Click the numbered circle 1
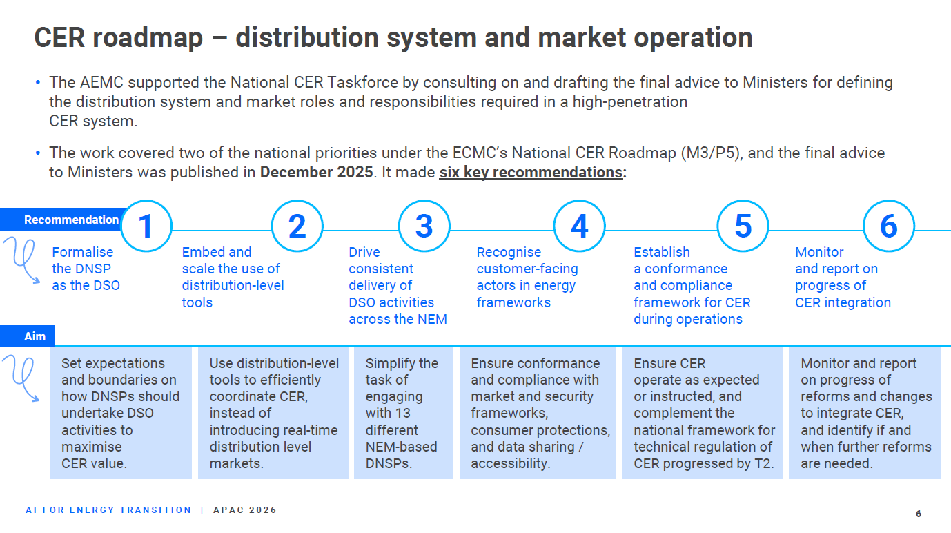pyautogui.click(x=146, y=226)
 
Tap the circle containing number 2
pyautogui.click(x=297, y=226)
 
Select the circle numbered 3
pyautogui.click(x=424, y=226)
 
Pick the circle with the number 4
pyautogui.click(x=580, y=226)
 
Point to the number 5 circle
pyautogui.click(x=743, y=226)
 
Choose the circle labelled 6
pyautogui.click(x=889, y=226)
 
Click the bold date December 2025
pyautogui.click(x=316, y=173)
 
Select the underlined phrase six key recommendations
pyautogui.click(x=531, y=173)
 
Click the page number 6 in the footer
pyautogui.click(x=919, y=514)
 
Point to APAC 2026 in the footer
pyautogui.click(x=244, y=510)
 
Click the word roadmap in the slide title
pyautogui.click(x=148, y=38)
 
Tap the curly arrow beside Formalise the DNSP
pyautogui.click(x=22, y=259)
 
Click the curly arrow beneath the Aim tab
pyautogui.click(x=21, y=378)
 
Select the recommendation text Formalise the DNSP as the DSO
pyautogui.click(x=86, y=269)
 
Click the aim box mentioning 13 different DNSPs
pyautogui.click(x=403, y=414)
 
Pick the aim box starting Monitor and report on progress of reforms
pyautogui.click(x=865, y=414)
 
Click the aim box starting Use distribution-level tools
pyautogui.click(x=273, y=414)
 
